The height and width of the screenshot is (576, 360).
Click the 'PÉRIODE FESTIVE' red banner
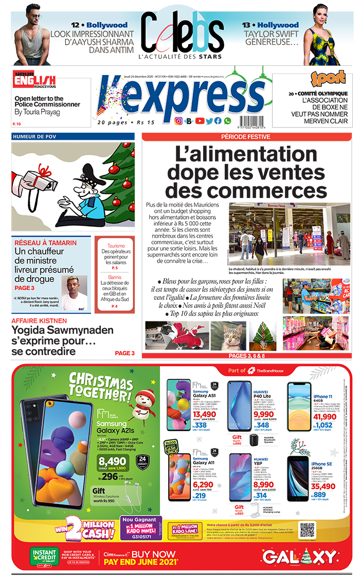pos(246,137)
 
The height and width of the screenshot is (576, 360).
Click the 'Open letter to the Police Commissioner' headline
pos(47,101)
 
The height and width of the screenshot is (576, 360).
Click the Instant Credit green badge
pos(44,556)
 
